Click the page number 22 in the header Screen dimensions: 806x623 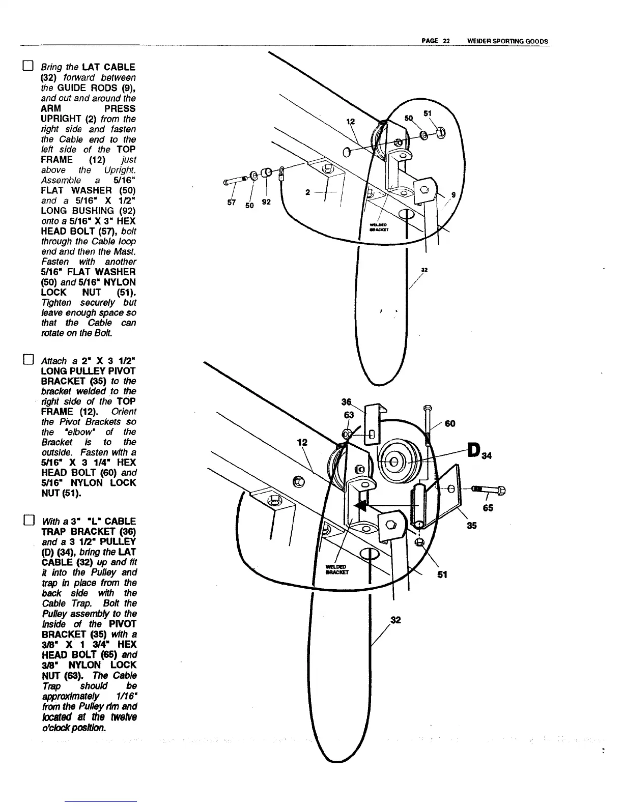tap(445, 42)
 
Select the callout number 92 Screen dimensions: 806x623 tap(267, 202)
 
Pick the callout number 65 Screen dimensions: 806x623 tap(488, 507)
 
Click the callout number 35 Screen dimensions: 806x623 tap(472, 525)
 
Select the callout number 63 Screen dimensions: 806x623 tap(349, 415)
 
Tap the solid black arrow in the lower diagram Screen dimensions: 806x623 tap(362, 505)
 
